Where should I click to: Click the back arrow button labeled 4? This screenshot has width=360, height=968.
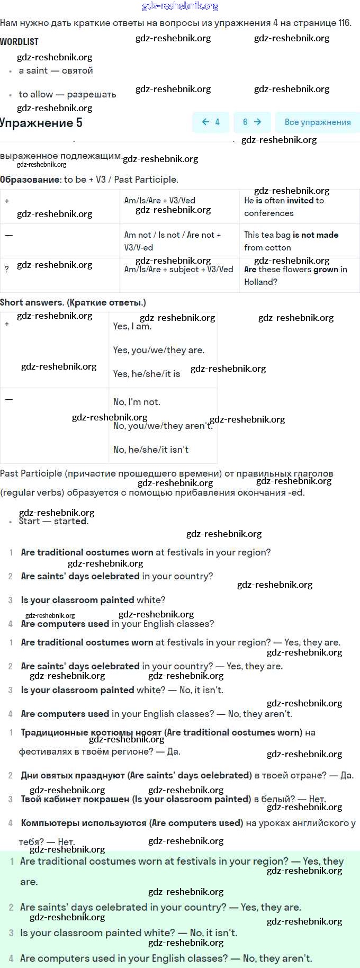[x=211, y=122]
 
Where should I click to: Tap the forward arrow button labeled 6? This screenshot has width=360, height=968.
[x=252, y=122]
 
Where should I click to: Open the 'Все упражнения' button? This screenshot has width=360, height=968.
[x=317, y=122]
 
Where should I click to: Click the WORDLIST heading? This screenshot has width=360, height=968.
[x=19, y=41]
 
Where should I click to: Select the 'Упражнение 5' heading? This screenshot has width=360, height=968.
[x=41, y=123]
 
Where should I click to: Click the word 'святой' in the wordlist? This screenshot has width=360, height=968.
[x=77, y=71]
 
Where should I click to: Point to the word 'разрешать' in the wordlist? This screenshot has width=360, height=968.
[x=92, y=95]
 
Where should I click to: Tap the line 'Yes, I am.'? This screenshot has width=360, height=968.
[x=132, y=327]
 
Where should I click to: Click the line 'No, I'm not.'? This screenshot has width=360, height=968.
[x=137, y=402]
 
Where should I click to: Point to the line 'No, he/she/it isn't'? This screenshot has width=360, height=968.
[x=151, y=450]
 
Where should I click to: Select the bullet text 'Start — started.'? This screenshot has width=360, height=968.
[x=53, y=522]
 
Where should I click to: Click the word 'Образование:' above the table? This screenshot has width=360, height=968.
[x=31, y=180]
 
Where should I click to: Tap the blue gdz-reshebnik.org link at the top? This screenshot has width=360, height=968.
[x=180, y=6]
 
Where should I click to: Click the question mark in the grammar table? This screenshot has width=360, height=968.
[x=6, y=270]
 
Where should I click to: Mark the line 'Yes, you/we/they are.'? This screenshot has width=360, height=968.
[x=158, y=351]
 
